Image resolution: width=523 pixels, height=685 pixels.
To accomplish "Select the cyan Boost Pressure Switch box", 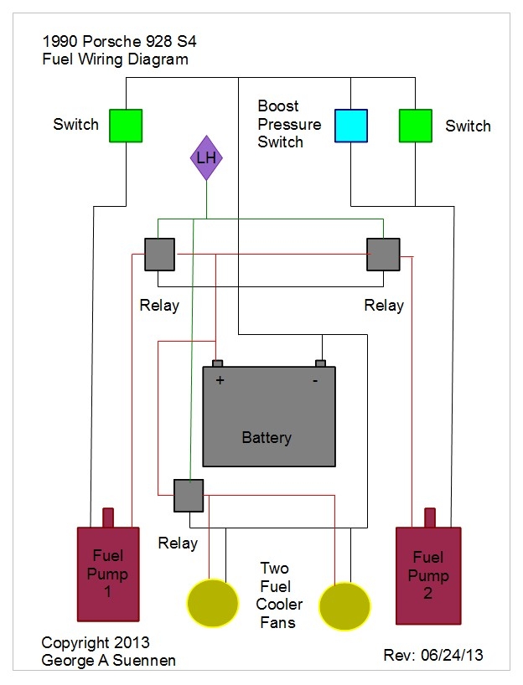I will click(350, 126).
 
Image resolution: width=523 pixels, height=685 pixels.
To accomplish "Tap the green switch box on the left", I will click(126, 126).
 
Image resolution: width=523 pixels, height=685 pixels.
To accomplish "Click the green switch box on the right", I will click(415, 126).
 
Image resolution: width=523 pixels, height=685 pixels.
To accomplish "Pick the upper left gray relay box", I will click(159, 254).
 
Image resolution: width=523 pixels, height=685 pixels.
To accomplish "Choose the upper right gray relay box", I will click(382, 254).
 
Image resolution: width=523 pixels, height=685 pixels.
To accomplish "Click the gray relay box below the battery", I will click(189, 495).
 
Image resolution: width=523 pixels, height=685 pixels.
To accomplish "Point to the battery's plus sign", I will click(220, 379).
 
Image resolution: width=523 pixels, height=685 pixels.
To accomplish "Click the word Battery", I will click(267, 437).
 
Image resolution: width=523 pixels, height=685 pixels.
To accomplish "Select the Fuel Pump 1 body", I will click(106, 575).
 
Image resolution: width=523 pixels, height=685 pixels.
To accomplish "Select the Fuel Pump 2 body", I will click(428, 575).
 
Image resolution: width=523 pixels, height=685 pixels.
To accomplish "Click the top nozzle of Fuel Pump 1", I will click(108, 517).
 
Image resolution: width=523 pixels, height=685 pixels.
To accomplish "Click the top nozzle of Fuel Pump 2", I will click(429, 517).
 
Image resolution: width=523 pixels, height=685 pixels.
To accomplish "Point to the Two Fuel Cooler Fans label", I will click(281, 595).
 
